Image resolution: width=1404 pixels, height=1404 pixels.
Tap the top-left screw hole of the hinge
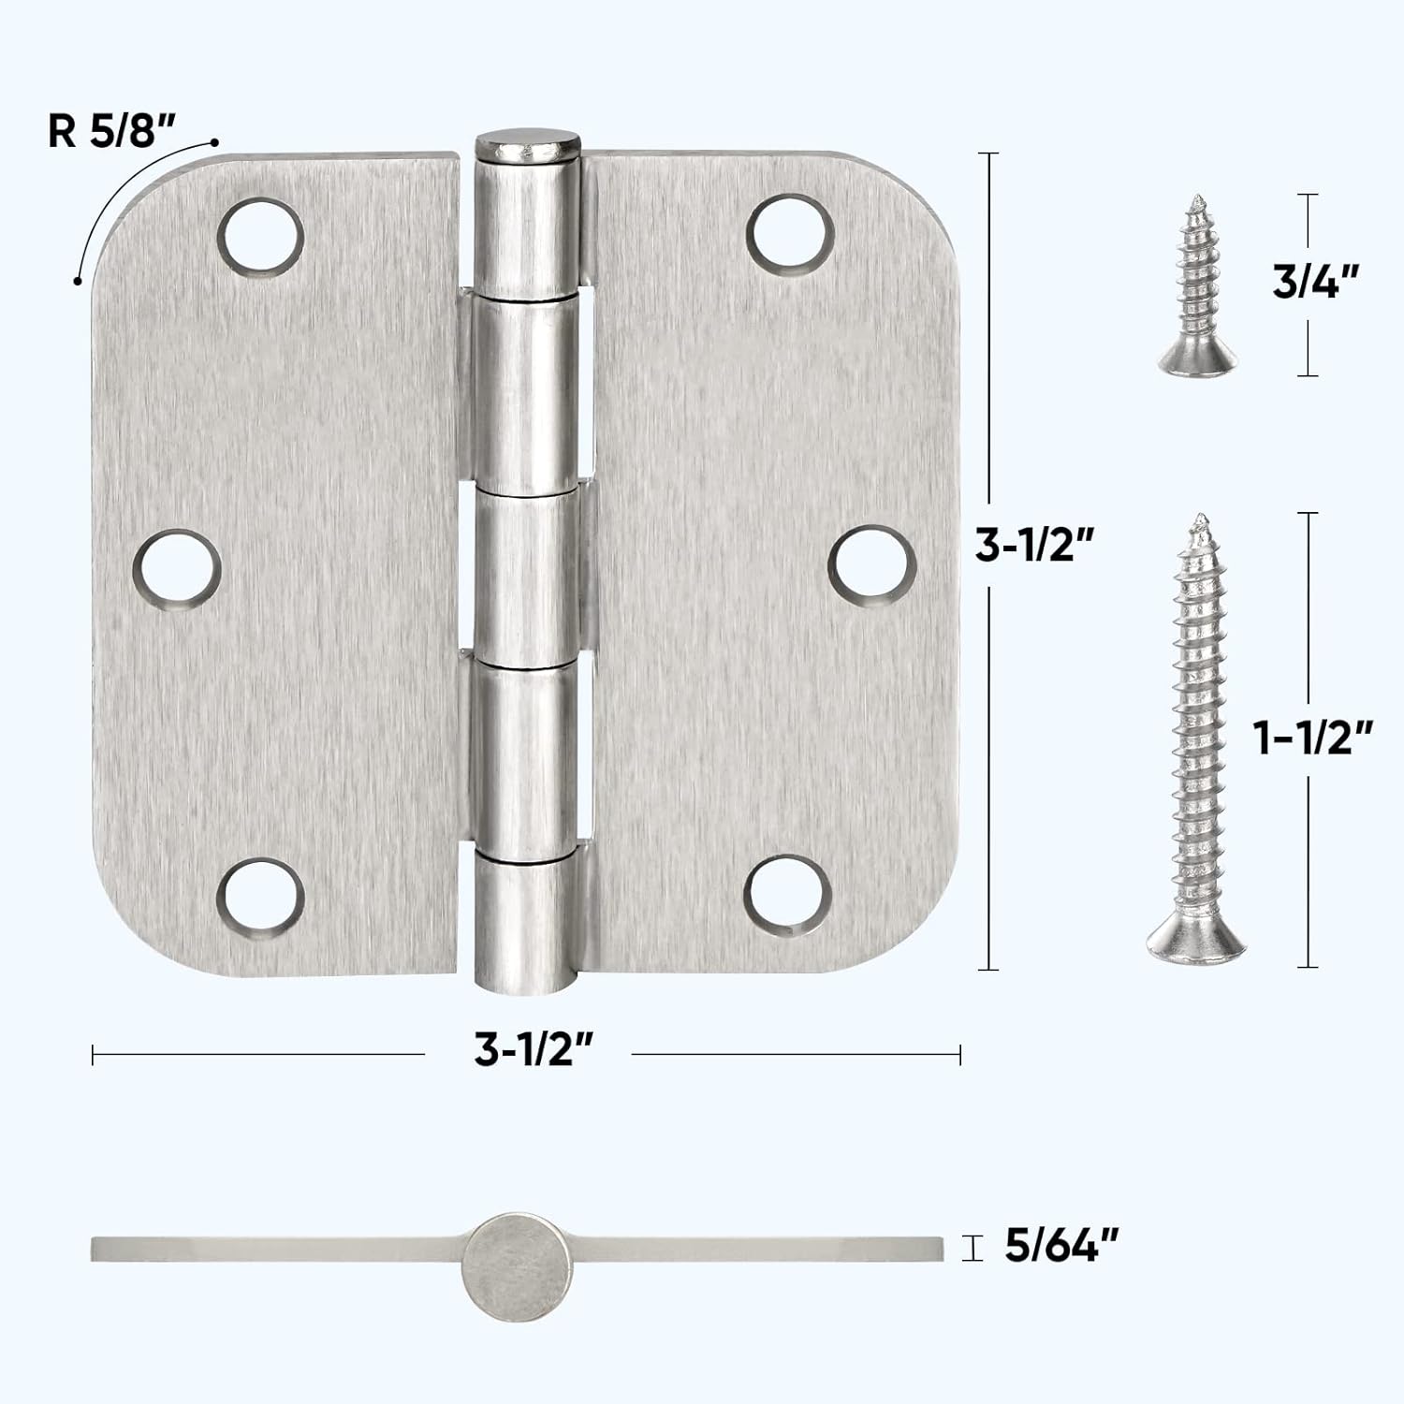click(262, 234)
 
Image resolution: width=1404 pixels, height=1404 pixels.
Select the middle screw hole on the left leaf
click(177, 569)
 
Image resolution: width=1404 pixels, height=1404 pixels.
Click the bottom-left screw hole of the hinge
click(262, 897)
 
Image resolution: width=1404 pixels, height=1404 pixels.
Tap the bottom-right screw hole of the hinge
click(791, 897)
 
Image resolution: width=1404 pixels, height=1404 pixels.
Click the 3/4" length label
click(1313, 282)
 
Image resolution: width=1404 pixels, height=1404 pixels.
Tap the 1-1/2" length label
click(1313, 739)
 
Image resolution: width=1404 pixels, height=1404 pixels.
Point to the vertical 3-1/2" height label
click(1034, 545)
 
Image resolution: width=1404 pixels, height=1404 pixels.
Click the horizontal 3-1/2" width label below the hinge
click(534, 1051)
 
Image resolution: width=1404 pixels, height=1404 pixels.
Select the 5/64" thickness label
click(1061, 1246)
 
